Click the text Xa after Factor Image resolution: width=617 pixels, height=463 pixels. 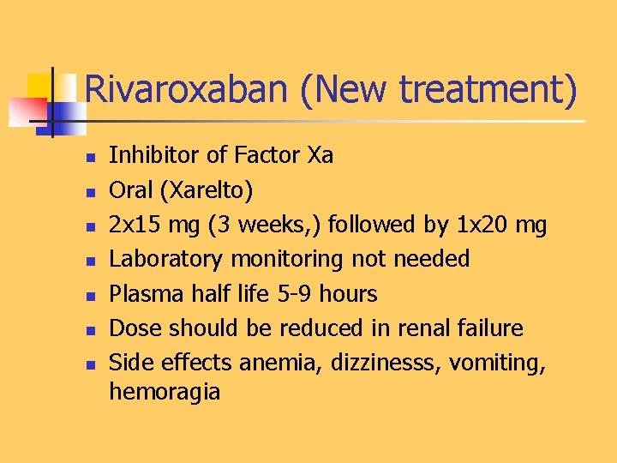coord(320,155)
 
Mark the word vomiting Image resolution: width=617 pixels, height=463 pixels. coord(502,364)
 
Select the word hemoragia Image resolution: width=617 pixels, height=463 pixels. coord(165,393)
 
